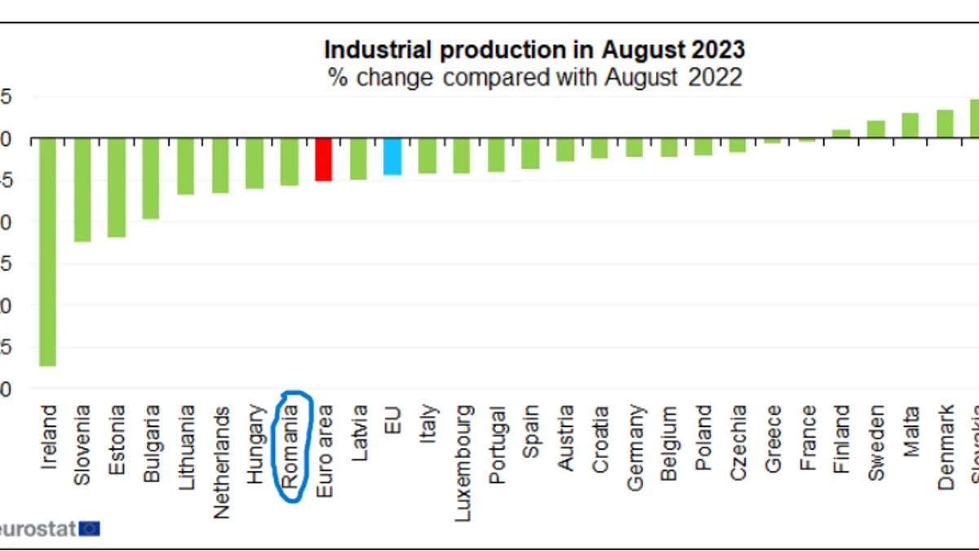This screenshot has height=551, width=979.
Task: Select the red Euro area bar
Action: click(x=324, y=159)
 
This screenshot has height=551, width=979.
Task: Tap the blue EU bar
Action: click(x=392, y=156)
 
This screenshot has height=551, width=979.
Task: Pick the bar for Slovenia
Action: click(x=82, y=189)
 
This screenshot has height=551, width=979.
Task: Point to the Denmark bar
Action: click(x=945, y=124)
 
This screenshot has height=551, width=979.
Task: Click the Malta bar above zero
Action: click(x=910, y=126)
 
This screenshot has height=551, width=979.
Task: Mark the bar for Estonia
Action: click(x=117, y=187)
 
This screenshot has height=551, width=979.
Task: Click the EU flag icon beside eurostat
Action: click(x=90, y=528)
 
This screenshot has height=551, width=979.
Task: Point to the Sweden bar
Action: click(x=876, y=129)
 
